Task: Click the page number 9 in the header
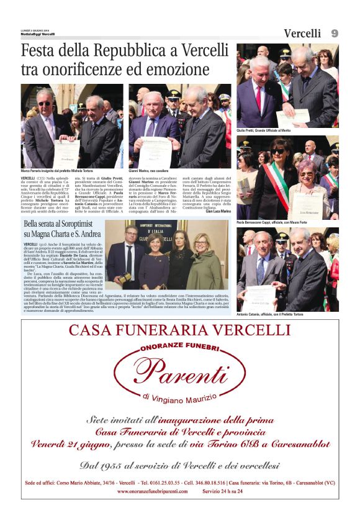click(335, 33)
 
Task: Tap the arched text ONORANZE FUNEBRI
click(179, 348)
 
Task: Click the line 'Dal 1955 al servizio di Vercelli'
click(179, 464)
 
